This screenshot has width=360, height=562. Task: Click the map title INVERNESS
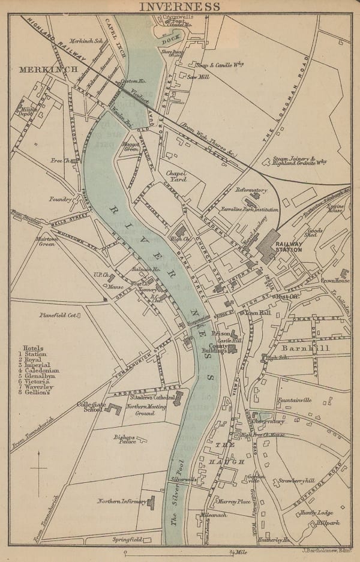click(x=179, y=7)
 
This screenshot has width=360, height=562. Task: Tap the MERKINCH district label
click(x=48, y=70)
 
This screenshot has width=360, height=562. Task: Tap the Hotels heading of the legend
click(x=34, y=348)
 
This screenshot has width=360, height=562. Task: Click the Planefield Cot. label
click(x=58, y=312)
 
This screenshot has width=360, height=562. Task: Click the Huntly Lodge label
click(x=317, y=513)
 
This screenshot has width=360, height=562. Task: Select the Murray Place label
click(x=233, y=501)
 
